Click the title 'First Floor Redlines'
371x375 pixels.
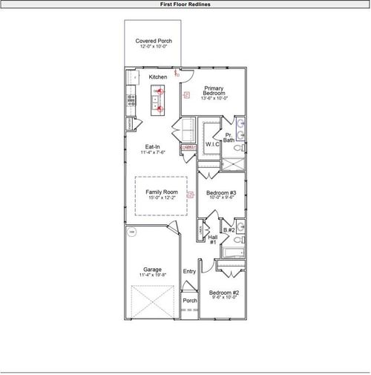(185, 4)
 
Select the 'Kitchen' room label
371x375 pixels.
(157, 77)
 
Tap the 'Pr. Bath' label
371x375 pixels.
(229, 137)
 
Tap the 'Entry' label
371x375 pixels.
(189, 271)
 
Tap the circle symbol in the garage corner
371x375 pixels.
(132, 232)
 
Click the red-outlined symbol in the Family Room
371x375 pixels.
(190, 195)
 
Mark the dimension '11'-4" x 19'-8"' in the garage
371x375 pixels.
(152, 275)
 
